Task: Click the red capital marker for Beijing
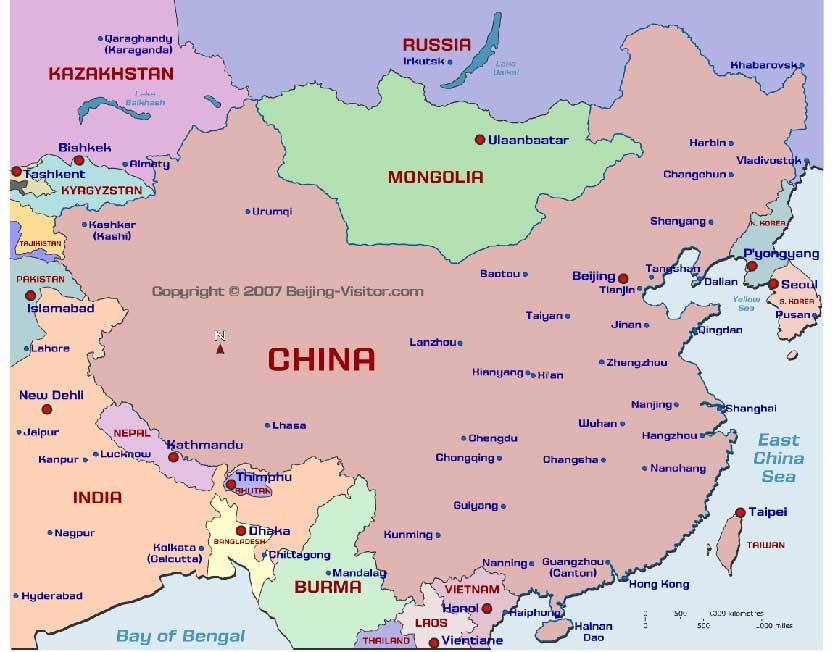click(x=623, y=278)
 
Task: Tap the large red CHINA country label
click(x=321, y=359)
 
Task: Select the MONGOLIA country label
click(x=435, y=177)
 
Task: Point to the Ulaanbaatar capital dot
click(x=480, y=139)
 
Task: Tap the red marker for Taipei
click(x=740, y=512)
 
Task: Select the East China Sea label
click(x=778, y=458)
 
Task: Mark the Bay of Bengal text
click(x=180, y=635)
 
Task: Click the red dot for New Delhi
click(x=45, y=409)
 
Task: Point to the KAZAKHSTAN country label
click(x=111, y=73)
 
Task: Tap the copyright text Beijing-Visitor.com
click(x=287, y=291)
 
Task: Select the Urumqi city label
click(x=272, y=211)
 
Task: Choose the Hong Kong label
click(x=659, y=584)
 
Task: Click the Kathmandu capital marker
click(x=173, y=457)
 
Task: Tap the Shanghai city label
click(x=750, y=408)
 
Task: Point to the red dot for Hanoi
click(x=487, y=608)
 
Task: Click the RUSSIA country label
click(x=436, y=44)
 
